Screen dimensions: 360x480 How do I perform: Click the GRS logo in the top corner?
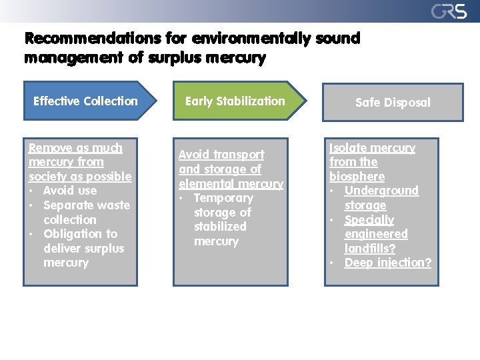pyautogui.click(x=449, y=11)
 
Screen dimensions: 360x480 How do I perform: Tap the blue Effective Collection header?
pyautogui.click(x=85, y=101)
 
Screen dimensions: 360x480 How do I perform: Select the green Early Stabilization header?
pyautogui.click(x=235, y=101)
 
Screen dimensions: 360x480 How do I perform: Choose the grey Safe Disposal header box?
pyautogui.click(x=393, y=103)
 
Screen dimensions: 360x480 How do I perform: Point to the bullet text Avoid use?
pyautogui.click(x=69, y=191)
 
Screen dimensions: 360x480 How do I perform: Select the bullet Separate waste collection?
pyautogui.click(x=86, y=212)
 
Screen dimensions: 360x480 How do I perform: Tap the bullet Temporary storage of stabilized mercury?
pyautogui.click(x=223, y=219)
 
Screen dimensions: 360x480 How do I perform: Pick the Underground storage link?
pyautogui.click(x=381, y=198)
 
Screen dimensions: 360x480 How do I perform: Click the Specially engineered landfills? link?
pyautogui.click(x=376, y=234)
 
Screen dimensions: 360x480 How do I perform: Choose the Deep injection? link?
pyautogui.click(x=387, y=263)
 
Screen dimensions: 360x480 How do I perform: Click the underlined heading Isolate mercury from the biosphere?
pyautogui.click(x=371, y=162)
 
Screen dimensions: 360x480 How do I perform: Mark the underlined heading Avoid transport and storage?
pyautogui.click(x=230, y=169)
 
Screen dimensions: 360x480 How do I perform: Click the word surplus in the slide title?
pyautogui.click(x=174, y=58)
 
